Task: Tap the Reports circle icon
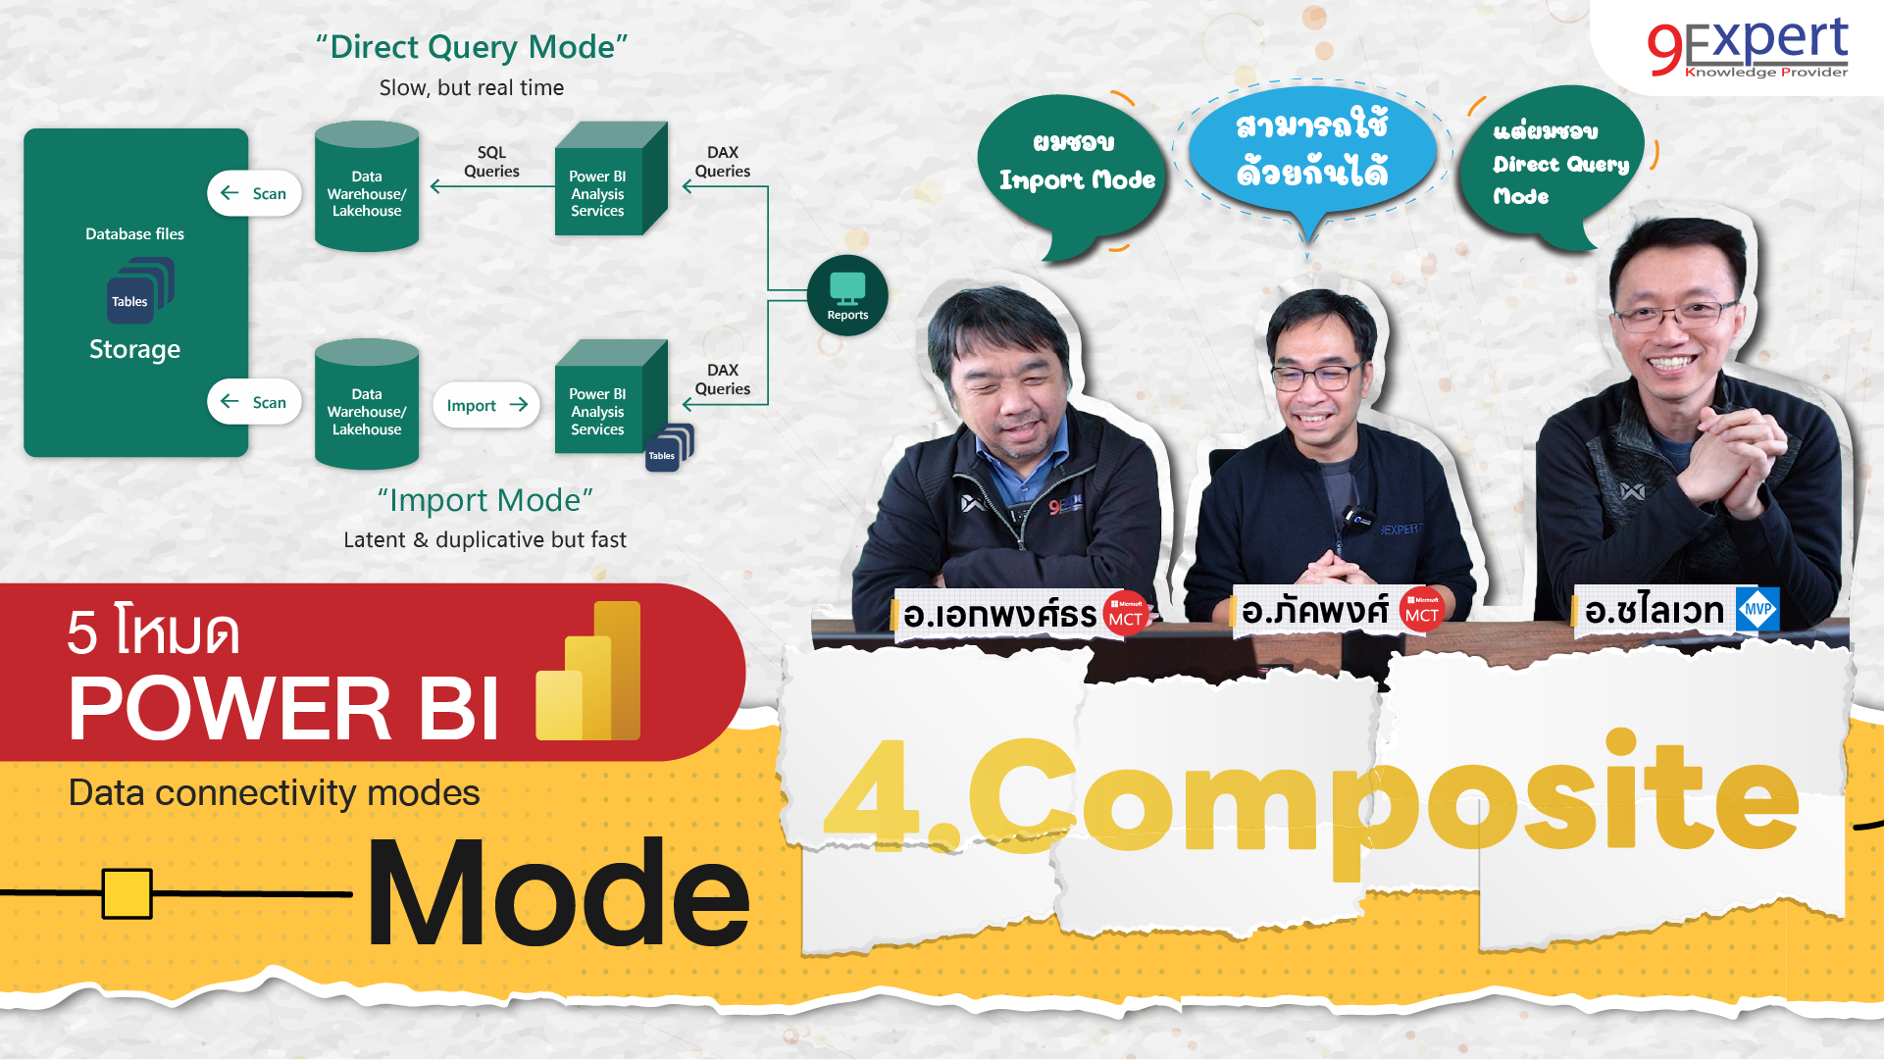[x=847, y=295]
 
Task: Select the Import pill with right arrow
[x=486, y=405]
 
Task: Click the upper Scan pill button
[x=254, y=193]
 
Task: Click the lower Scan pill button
[x=254, y=402]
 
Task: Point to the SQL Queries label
[x=491, y=162]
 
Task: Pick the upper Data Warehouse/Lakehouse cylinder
[x=367, y=189]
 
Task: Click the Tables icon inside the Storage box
[x=137, y=292]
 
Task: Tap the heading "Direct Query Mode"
[x=472, y=46]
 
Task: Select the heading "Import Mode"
[x=485, y=500]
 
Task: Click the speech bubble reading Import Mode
[x=1074, y=167]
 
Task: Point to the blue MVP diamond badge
[x=1757, y=609]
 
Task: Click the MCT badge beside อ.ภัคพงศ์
[x=1421, y=609]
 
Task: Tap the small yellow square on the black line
[x=127, y=893]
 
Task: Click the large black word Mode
[x=558, y=893]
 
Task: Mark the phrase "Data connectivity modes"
[x=274, y=792]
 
